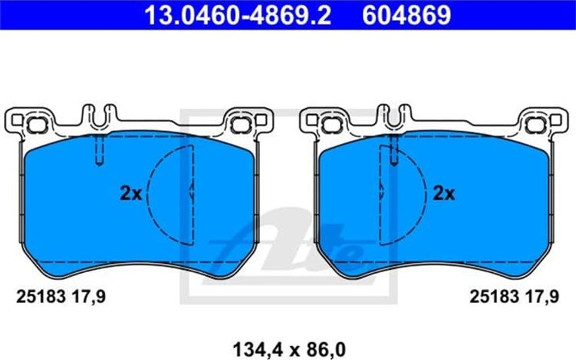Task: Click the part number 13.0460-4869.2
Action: coord(238,15)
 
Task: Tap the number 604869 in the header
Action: coord(407,15)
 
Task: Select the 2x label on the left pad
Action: coord(130,193)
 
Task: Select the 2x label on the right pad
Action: coord(444,193)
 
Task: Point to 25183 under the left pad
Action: coord(40,296)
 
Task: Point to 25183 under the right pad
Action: coord(494,296)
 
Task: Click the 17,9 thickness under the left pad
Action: coord(88,296)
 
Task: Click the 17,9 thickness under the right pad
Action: coord(542,296)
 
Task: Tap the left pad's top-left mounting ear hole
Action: coord(37,125)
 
